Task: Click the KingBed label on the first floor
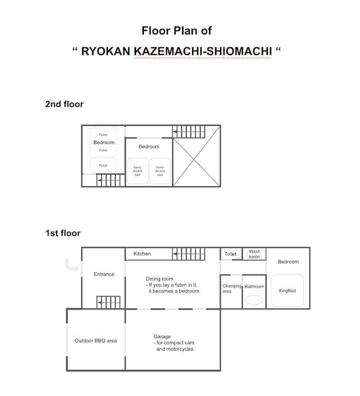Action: click(x=287, y=291)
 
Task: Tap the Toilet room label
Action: click(x=230, y=254)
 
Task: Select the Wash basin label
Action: click(x=254, y=254)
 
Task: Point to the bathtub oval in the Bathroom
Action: click(x=254, y=300)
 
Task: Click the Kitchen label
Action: click(x=142, y=254)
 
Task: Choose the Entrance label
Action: click(x=104, y=274)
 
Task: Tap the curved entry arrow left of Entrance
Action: click(x=71, y=265)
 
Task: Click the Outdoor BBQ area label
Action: click(x=96, y=341)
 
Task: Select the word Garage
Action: click(x=162, y=337)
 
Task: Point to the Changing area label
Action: click(x=232, y=289)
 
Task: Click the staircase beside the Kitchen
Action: click(x=188, y=254)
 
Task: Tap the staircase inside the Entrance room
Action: click(x=108, y=302)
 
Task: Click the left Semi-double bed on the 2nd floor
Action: click(x=137, y=171)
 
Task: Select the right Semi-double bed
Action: click(x=160, y=171)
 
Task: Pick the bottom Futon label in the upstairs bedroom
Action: click(x=103, y=165)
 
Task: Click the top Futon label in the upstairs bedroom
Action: click(x=103, y=135)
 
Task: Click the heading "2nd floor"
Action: click(x=64, y=104)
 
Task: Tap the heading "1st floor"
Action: click(x=63, y=233)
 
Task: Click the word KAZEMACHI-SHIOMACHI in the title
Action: click(x=203, y=51)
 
